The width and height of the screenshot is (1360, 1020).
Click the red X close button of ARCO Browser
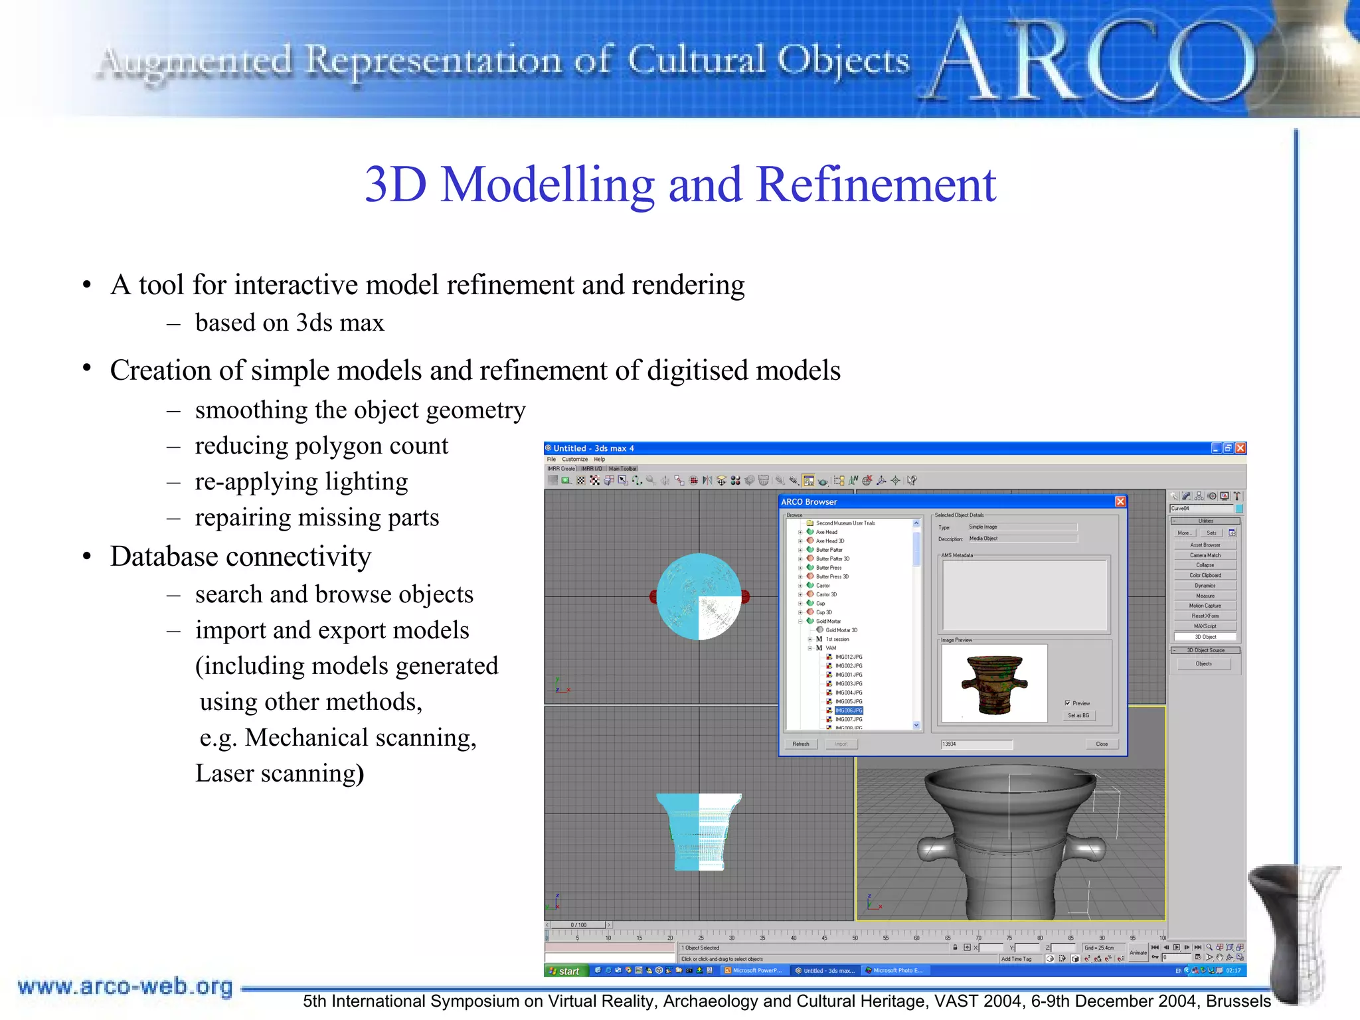[x=1120, y=501]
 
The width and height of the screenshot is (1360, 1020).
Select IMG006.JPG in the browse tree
[x=849, y=711]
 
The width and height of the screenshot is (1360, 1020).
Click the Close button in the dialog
[x=1102, y=744]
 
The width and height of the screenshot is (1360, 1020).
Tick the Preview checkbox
[x=1068, y=703]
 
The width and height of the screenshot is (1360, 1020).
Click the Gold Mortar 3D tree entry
[x=841, y=630]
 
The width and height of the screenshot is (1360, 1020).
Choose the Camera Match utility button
[x=1205, y=555]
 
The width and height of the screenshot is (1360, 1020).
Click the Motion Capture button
[x=1205, y=606]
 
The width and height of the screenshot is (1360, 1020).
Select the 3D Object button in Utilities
[x=1205, y=637]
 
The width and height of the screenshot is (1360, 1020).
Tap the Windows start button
[x=564, y=971]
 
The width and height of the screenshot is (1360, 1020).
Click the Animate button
[x=1138, y=953]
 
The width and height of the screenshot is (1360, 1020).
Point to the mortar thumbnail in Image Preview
[x=994, y=683]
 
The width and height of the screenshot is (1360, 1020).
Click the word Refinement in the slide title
[x=876, y=185]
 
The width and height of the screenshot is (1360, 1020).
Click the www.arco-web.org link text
[x=126, y=987]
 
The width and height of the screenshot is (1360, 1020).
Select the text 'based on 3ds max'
[x=290, y=323]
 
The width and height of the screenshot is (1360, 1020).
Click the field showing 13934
[x=976, y=744]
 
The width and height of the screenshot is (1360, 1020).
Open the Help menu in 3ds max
[x=600, y=459]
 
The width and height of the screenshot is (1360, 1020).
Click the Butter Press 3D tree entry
[x=832, y=576]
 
